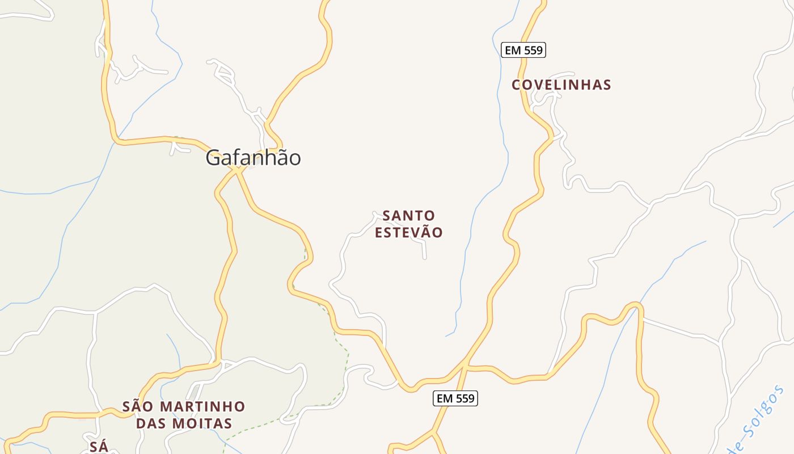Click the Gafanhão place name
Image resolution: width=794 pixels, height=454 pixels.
click(253, 158)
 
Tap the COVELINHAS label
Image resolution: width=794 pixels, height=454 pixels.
click(561, 85)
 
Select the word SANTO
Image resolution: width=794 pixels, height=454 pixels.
click(408, 216)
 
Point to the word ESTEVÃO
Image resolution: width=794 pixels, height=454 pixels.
click(408, 233)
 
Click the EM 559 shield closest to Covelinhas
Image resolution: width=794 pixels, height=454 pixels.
click(523, 50)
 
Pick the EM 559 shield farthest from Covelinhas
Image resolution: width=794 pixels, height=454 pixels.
click(455, 398)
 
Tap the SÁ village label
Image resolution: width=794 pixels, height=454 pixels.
click(99, 445)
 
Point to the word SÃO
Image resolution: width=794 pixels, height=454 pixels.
click(138, 406)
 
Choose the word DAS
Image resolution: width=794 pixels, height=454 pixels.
click(151, 423)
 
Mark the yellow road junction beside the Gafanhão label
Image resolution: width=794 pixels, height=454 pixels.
click(237, 169)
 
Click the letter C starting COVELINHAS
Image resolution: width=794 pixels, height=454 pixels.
click(516, 85)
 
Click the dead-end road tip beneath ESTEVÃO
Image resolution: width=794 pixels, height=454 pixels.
click(425, 258)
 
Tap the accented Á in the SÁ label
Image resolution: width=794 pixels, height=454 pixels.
click(103, 445)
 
